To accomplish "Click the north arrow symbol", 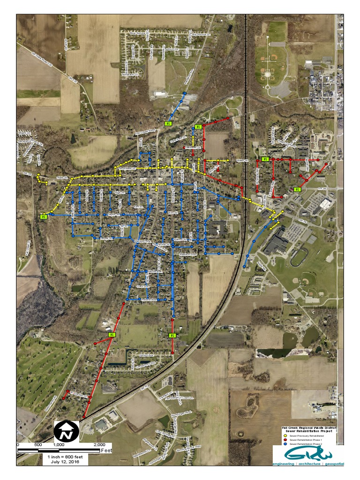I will tap(64, 431).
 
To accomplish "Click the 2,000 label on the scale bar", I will tap(99, 444).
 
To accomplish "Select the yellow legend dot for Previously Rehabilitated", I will tap(285, 435).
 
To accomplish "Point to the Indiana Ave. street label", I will tap(159, 299).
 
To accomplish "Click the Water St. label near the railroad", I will tap(242, 160).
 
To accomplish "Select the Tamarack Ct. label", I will tap(130, 74).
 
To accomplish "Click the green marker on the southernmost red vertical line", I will tap(172, 335).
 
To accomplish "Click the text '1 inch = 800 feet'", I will tap(63, 456).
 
